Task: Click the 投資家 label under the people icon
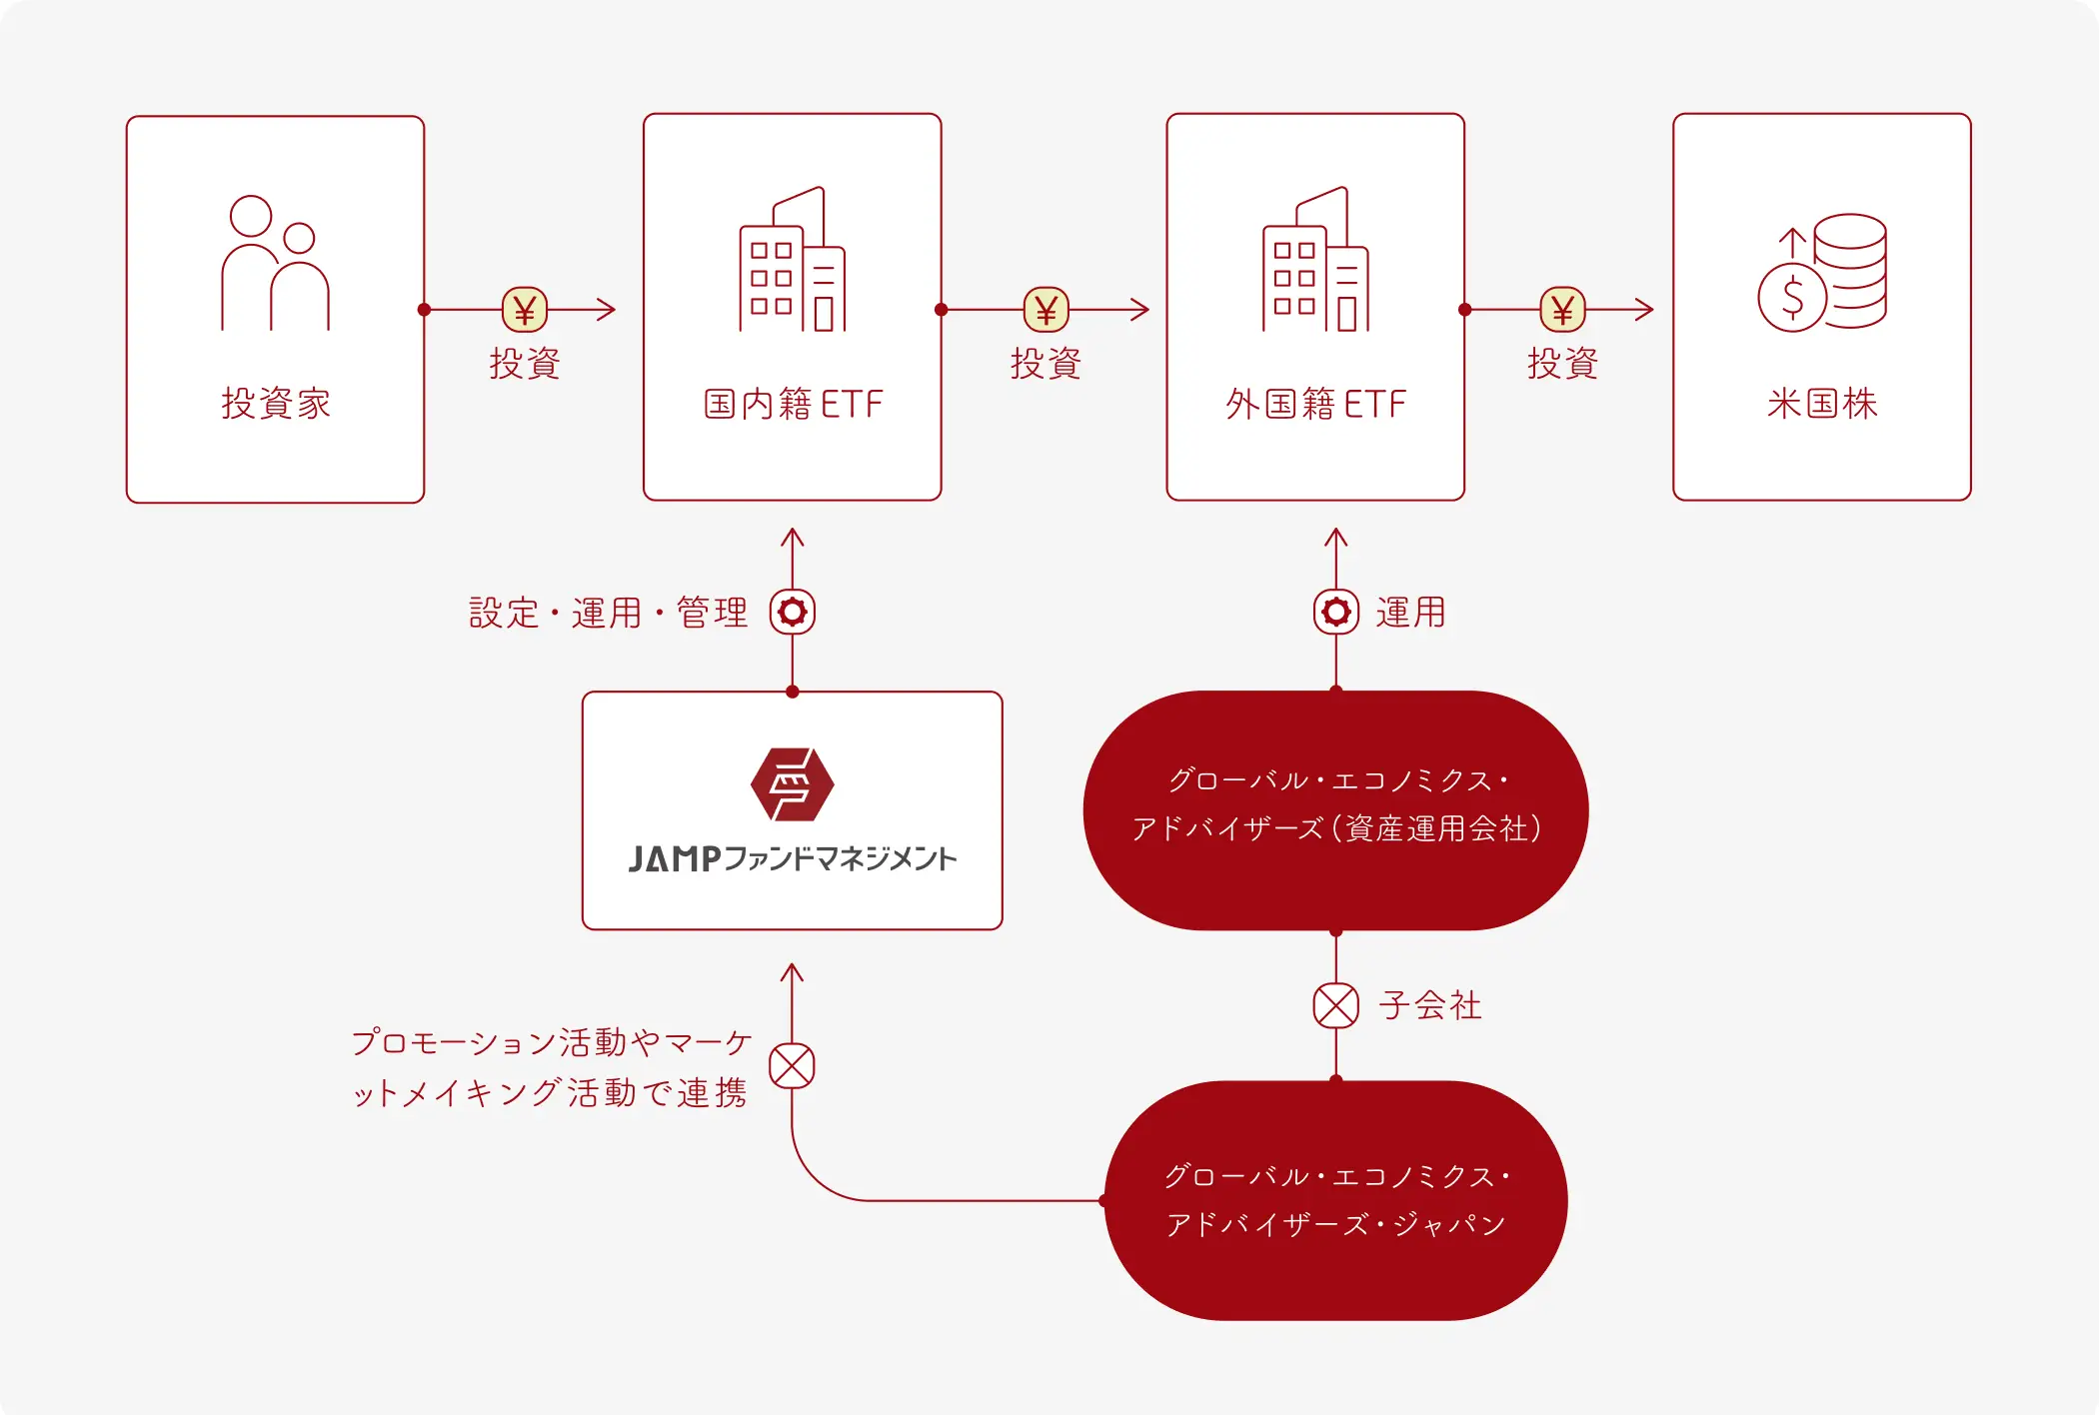coord(276,404)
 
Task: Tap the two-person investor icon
coord(275,263)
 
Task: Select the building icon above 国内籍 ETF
coord(793,259)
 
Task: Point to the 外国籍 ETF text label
coord(1315,404)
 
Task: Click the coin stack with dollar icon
coord(1822,272)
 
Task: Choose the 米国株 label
coord(1822,404)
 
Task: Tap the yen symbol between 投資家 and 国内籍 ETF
coord(525,310)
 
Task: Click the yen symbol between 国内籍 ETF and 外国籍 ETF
coord(1047,310)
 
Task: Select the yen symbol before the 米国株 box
coord(1563,310)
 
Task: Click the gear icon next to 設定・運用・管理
coord(793,612)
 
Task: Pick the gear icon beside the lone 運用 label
coord(1336,612)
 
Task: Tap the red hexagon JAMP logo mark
coord(793,784)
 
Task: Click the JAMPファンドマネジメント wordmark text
coord(793,858)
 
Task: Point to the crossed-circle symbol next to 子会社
coord(1336,1005)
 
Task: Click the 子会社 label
coord(1430,1005)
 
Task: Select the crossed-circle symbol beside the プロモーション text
coord(793,1066)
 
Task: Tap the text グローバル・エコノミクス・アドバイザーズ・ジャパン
coord(1336,1200)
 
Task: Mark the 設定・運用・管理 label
coord(609,613)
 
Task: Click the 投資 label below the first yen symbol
coord(525,363)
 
